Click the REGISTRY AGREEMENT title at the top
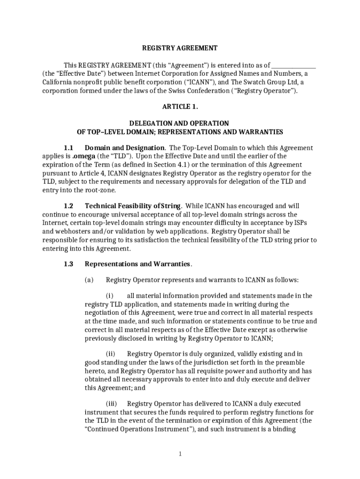pyautogui.click(x=180, y=48)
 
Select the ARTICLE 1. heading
pyautogui.click(x=180, y=107)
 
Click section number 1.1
pyautogui.click(x=69, y=148)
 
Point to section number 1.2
pyautogui.click(x=69, y=206)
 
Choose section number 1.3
pyautogui.click(x=69, y=264)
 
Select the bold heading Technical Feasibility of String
pyautogui.click(x=133, y=206)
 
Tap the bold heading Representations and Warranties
pyautogui.click(x=137, y=264)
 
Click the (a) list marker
pyautogui.click(x=89, y=280)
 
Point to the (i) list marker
pyautogui.click(x=109, y=296)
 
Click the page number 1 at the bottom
pyautogui.click(x=180, y=454)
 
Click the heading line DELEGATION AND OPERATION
pyautogui.click(x=180, y=123)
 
